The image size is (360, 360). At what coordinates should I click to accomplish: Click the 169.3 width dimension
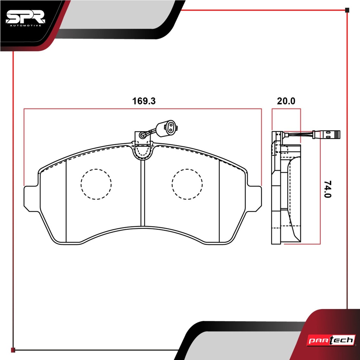pyautogui.click(x=144, y=101)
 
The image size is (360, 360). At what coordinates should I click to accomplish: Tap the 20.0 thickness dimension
pyautogui.click(x=286, y=101)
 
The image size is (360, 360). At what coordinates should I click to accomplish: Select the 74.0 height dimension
pyautogui.click(x=328, y=189)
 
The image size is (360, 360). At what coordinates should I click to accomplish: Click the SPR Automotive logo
pyautogui.click(x=25, y=18)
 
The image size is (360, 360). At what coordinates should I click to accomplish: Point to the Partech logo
pyautogui.click(x=331, y=340)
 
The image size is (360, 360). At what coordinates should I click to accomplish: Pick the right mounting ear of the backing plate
pyautogui.click(x=254, y=199)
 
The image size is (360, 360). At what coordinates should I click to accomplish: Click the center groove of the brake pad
pyautogui.click(x=143, y=193)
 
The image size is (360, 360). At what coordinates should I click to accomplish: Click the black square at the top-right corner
pyautogui.click(x=347, y=10)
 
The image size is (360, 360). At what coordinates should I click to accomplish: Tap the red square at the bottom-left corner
pyautogui.click(x=13, y=350)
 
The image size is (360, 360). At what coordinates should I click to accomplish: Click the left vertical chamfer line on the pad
pyautogui.click(x=66, y=201)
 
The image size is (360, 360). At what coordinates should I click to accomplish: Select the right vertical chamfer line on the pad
pyautogui.click(x=219, y=201)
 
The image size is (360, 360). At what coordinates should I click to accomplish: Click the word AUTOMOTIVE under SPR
pyautogui.click(x=25, y=25)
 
